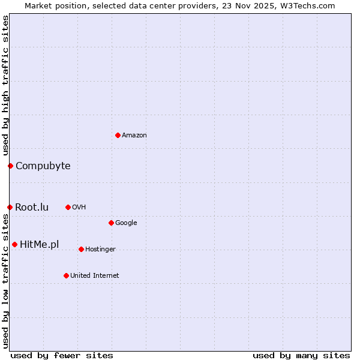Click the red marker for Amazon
click(x=118, y=135)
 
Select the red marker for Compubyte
click(x=10, y=166)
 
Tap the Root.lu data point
click(x=10, y=207)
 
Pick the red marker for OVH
click(x=68, y=207)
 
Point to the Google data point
click(x=111, y=223)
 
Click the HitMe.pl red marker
click(x=14, y=244)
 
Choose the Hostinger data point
click(x=81, y=249)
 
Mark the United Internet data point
click(x=66, y=275)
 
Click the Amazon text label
click(x=134, y=136)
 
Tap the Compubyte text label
click(x=43, y=166)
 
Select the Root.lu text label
click(x=32, y=208)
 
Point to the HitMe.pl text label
click(x=40, y=245)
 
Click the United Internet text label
click(x=95, y=276)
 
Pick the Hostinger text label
click(x=101, y=250)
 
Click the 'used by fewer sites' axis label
click(x=62, y=355)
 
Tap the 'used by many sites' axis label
click(x=301, y=355)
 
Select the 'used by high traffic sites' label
click(x=6, y=86)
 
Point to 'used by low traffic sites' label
click(x=6, y=280)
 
